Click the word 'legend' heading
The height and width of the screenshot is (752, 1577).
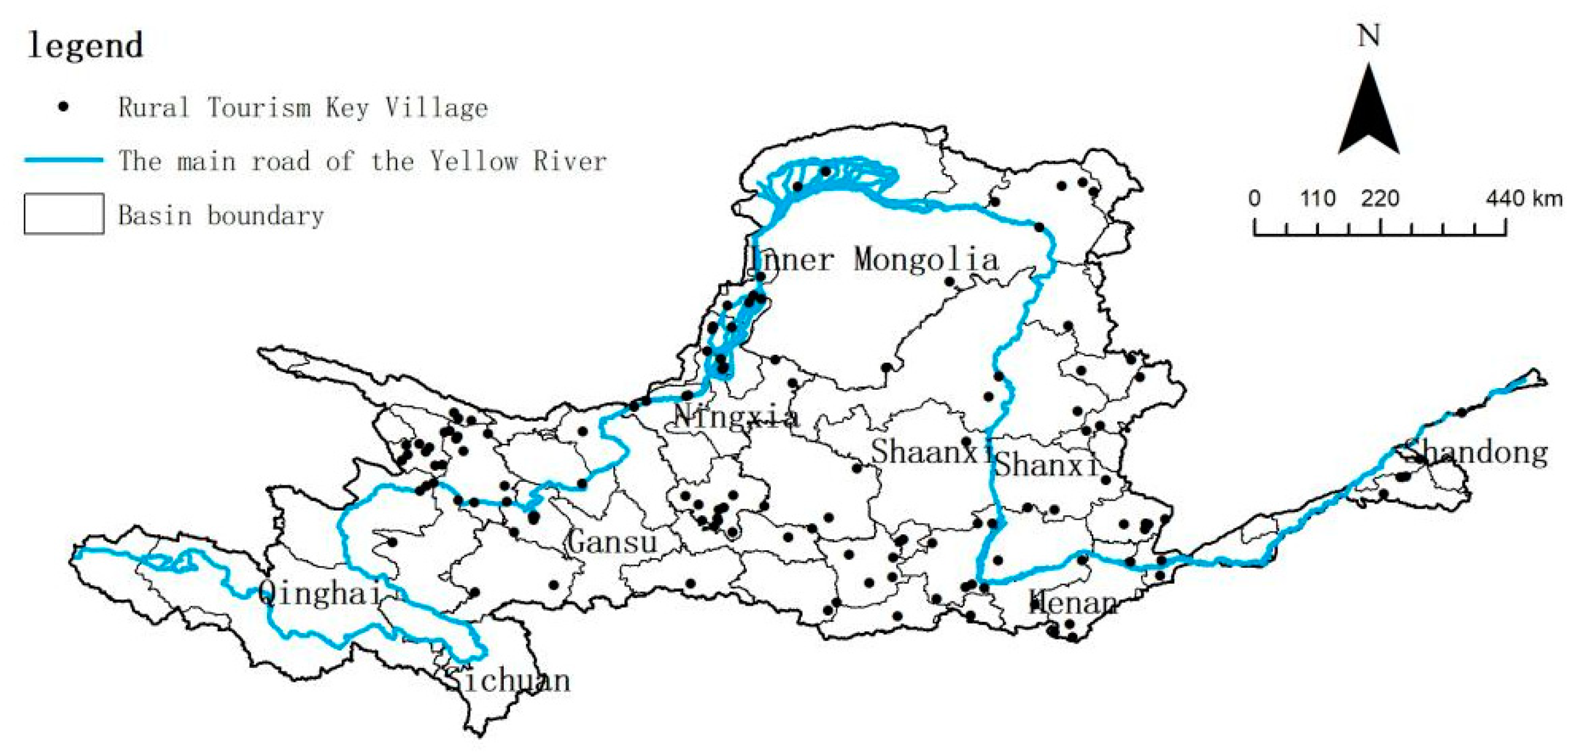tap(85, 45)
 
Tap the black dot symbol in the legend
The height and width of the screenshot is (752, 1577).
tap(63, 107)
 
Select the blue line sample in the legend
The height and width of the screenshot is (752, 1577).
tap(63, 160)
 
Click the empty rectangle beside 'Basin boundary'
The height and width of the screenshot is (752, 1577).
tap(64, 214)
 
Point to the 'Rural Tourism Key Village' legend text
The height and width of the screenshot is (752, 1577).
tap(303, 108)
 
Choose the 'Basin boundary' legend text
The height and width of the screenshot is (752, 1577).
tap(221, 215)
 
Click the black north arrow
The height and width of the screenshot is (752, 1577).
tap(1368, 113)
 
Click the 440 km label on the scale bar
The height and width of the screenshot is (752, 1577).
tap(1524, 198)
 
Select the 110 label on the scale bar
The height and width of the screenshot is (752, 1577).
tap(1318, 198)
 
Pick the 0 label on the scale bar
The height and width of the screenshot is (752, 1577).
tap(1255, 198)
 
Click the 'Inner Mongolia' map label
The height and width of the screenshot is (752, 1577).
tap(873, 260)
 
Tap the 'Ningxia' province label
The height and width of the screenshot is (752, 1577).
tap(736, 417)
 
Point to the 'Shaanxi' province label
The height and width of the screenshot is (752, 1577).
tap(931, 452)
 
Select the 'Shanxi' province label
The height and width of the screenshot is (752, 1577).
tap(1046, 466)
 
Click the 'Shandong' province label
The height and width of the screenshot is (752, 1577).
tap(1476, 453)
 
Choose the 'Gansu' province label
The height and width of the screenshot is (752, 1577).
tap(612, 542)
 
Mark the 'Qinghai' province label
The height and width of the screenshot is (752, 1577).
tap(319, 593)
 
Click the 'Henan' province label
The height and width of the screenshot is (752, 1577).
tap(1074, 603)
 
